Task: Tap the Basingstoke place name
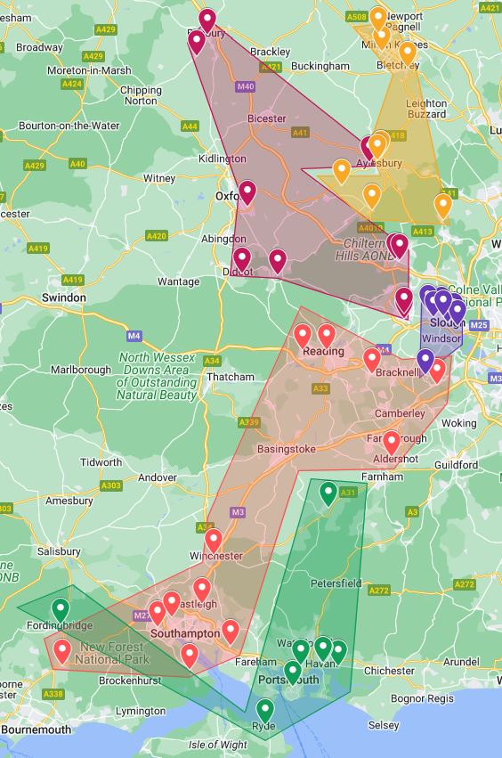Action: coord(286,450)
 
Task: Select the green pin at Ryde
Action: coord(264,711)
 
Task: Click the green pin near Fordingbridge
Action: coord(61,610)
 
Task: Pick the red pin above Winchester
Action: coord(214,540)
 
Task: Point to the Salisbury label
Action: coord(60,551)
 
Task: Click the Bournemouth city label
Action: coord(36,729)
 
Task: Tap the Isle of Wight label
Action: coord(218,745)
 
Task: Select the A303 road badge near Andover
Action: coord(110,485)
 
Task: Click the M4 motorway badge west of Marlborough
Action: coord(134,336)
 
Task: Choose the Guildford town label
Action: coord(456,465)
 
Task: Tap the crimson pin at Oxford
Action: coord(247,192)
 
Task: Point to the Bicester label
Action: coord(267,118)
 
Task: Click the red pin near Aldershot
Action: coord(391,443)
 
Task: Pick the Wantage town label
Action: coord(179,281)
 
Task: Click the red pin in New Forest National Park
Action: coord(62,651)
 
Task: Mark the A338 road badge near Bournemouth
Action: coord(53,694)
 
